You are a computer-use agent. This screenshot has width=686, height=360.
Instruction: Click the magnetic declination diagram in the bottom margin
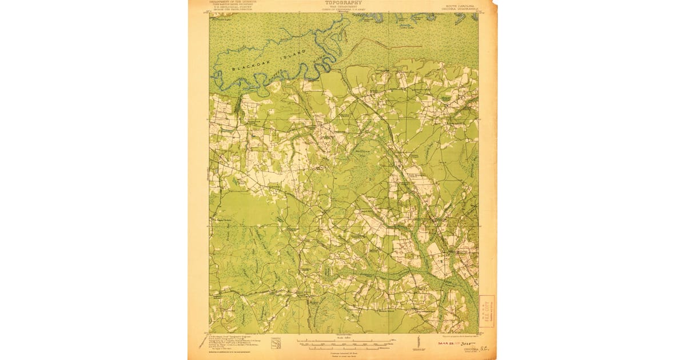point(416,345)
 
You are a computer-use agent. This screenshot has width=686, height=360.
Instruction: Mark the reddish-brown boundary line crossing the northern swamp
point(389,45)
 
